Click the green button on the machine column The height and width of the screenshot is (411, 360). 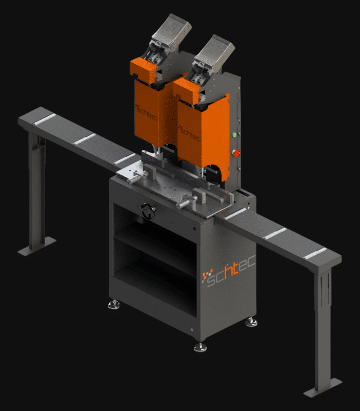click(235, 135)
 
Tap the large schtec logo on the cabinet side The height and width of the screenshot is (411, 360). click(228, 271)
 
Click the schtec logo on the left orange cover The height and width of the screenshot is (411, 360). click(146, 113)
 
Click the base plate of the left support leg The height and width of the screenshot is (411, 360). click(37, 247)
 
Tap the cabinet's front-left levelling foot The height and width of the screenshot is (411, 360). click(114, 305)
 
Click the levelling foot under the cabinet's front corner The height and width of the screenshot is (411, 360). click(200, 347)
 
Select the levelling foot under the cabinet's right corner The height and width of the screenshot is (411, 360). click(251, 322)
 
